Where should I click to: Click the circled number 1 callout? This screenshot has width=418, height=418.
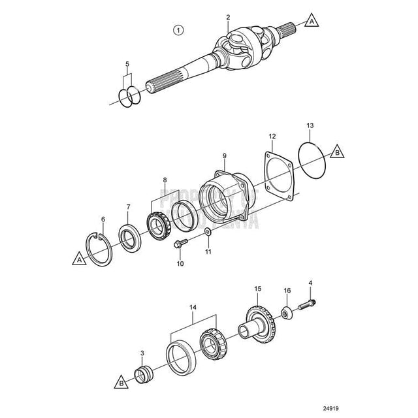(178, 29)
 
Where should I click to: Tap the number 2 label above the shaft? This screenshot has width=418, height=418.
(228, 17)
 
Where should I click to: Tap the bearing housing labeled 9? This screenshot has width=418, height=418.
(221, 196)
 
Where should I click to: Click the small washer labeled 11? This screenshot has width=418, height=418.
(207, 233)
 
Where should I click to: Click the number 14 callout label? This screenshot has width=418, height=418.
(192, 307)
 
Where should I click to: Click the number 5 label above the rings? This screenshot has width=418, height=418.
(128, 64)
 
